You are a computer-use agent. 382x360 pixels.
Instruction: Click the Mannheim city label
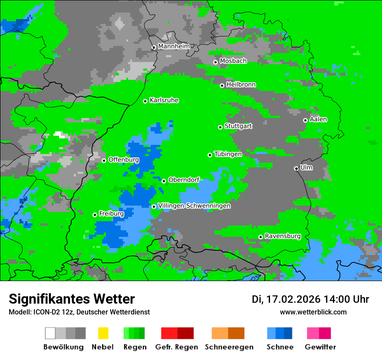pos(174,46)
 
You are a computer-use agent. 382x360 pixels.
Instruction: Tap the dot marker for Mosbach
pos(215,62)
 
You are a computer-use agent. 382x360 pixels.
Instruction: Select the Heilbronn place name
pos(241,85)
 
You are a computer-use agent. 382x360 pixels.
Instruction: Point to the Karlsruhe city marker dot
pos(145,101)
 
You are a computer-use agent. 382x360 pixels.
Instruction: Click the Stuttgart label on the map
pos(238,126)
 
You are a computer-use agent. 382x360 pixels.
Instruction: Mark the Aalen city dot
pos(305,120)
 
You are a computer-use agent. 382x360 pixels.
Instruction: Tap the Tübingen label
pos(228,154)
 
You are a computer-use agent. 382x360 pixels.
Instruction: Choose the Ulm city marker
pos(296,168)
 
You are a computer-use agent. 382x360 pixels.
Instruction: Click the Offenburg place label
pos(124,160)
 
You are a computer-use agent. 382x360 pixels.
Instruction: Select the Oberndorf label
pos(184,180)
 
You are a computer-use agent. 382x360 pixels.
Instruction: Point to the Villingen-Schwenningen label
pos(194,206)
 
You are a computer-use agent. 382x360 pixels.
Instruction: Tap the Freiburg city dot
pos(95,215)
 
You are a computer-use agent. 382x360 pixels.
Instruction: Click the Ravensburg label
pos(283,236)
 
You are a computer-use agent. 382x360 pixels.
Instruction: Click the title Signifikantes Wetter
pos(72,299)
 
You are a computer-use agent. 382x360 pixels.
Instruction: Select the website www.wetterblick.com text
pos(313,312)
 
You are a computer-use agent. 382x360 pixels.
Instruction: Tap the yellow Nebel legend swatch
pos(103,333)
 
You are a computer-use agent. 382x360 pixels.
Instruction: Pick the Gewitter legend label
pos(320,347)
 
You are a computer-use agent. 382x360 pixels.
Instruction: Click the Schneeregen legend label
pos(229,347)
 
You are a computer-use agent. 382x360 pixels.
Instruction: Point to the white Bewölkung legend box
pos(50,333)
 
